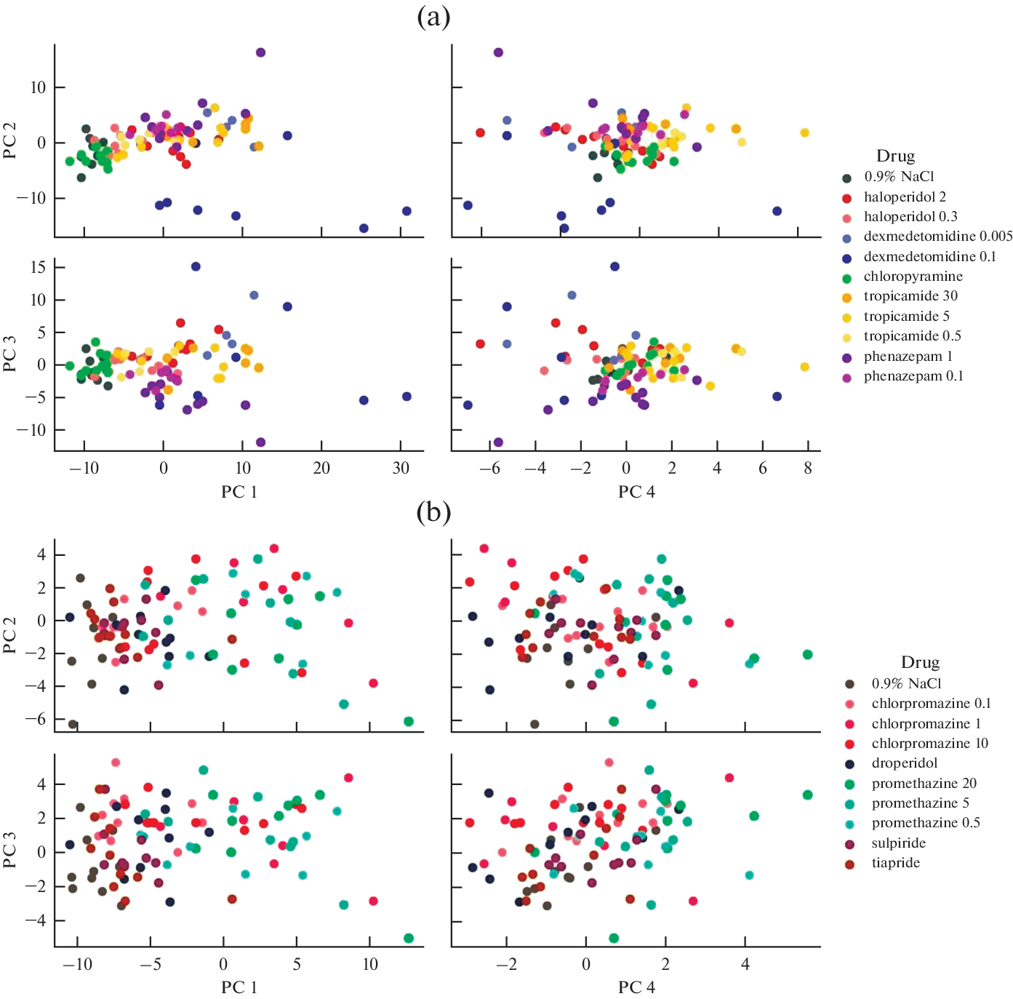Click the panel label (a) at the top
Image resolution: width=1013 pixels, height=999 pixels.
(x=433, y=16)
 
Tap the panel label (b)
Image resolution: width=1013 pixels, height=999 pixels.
(x=433, y=512)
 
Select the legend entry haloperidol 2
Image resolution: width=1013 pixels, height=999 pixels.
(x=905, y=197)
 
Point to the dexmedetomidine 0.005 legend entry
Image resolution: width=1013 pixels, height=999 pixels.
(x=937, y=236)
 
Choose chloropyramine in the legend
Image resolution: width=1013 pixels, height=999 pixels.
(x=913, y=276)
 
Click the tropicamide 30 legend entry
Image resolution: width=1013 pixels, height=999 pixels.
(x=910, y=296)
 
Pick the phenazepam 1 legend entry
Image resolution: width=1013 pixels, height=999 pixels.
(x=908, y=357)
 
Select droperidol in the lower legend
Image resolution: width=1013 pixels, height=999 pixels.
(x=905, y=763)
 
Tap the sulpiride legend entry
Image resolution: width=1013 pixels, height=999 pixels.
(x=899, y=843)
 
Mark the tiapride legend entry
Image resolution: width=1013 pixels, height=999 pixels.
(x=896, y=863)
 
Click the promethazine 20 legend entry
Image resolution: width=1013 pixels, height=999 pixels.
(x=924, y=784)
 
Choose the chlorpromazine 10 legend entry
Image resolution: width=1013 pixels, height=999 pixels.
(x=929, y=744)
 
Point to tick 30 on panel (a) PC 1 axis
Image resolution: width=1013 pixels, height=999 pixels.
(x=401, y=469)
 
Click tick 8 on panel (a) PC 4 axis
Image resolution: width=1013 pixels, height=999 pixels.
(x=808, y=469)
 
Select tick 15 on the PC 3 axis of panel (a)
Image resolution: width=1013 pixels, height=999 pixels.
(x=38, y=267)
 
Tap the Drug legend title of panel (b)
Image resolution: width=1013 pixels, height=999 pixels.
(x=920, y=663)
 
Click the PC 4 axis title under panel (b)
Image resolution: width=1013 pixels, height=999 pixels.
(x=636, y=987)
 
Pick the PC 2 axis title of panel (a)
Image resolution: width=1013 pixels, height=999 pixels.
(x=10, y=141)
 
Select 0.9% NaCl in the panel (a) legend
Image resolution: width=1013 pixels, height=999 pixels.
(x=899, y=177)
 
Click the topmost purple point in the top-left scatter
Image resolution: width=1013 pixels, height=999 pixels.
(x=260, y=52)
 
